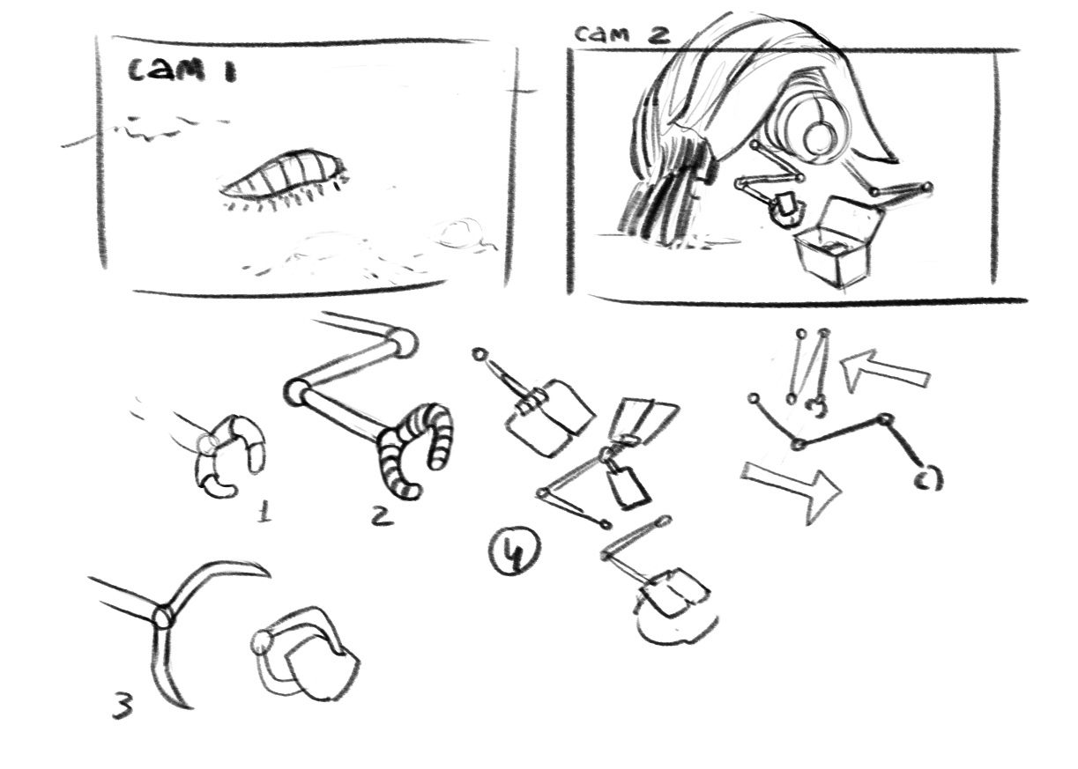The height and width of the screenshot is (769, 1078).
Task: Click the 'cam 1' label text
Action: pos(182,71)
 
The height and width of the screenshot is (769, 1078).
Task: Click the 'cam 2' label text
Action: pos(622,33)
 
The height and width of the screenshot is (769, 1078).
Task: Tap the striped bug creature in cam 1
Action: pos(282,178)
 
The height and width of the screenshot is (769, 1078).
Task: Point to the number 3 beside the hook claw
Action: pos(123,705)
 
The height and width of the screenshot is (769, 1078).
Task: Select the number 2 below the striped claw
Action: pos(383,515)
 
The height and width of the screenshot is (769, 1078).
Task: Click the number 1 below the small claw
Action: pos(264,511)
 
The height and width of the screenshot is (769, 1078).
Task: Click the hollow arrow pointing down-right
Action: pos(792,491)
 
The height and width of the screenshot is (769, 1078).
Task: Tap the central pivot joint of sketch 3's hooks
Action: pos(162,617)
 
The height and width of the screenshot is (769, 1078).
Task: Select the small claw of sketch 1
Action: pos(230,456)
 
